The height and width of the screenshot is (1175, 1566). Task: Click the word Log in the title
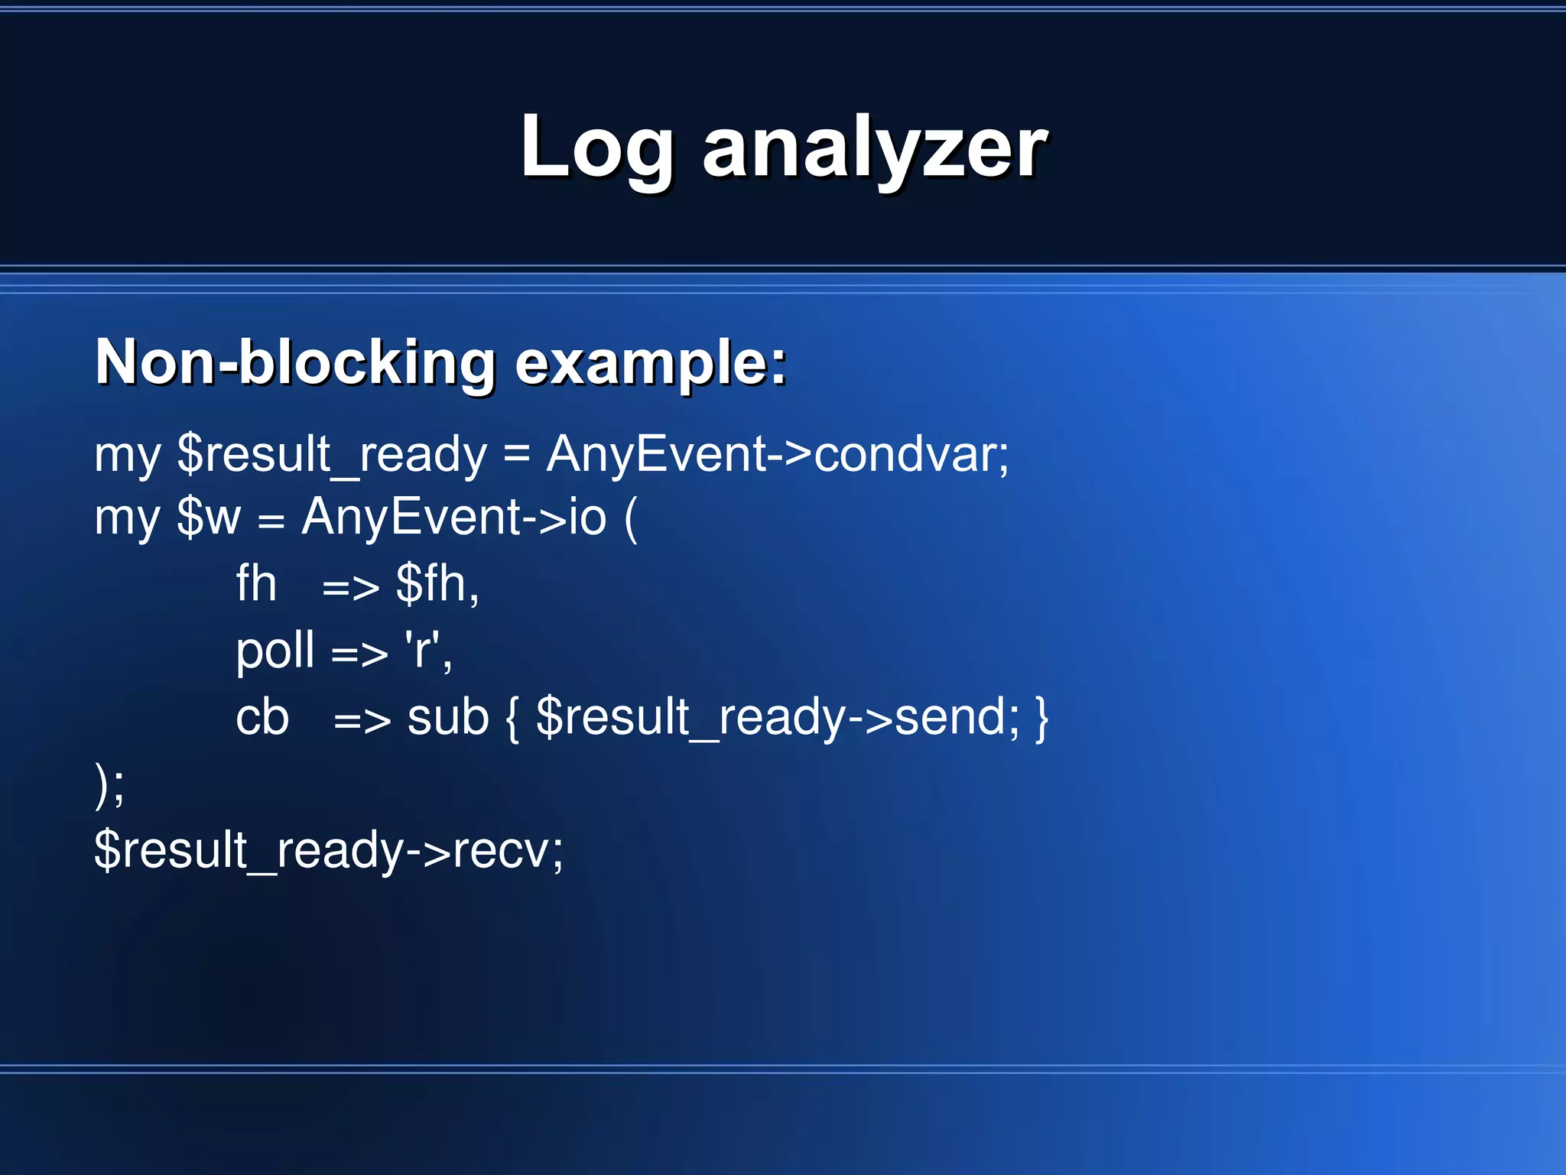tap(596, 147)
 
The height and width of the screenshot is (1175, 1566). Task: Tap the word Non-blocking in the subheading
tap(295, 362)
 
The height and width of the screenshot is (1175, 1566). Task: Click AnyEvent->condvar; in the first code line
tap(778, 454)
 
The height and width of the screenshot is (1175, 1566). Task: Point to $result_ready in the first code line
tap(331, 454)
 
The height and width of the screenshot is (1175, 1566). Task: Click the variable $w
tap(208, 518)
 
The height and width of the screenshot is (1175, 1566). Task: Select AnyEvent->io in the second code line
tap(453, 518)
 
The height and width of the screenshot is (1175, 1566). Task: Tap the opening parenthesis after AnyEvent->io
tap(631, 519)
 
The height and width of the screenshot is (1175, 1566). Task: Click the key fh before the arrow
tap(256, 584)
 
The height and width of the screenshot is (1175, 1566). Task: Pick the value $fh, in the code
tap(437, 584)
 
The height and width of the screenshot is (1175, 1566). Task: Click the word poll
tap(275, 651)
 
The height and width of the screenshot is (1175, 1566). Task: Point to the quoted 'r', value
tap(428, 651)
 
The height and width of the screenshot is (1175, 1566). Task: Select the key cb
tap(262, 718)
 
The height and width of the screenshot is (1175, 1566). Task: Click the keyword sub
tap(447, 718)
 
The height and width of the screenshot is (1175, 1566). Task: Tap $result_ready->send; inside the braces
tap(778, 718)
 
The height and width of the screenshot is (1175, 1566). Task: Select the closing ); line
tap(109, 785)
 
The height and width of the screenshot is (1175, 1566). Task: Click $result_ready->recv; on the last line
tap(329, 850)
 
